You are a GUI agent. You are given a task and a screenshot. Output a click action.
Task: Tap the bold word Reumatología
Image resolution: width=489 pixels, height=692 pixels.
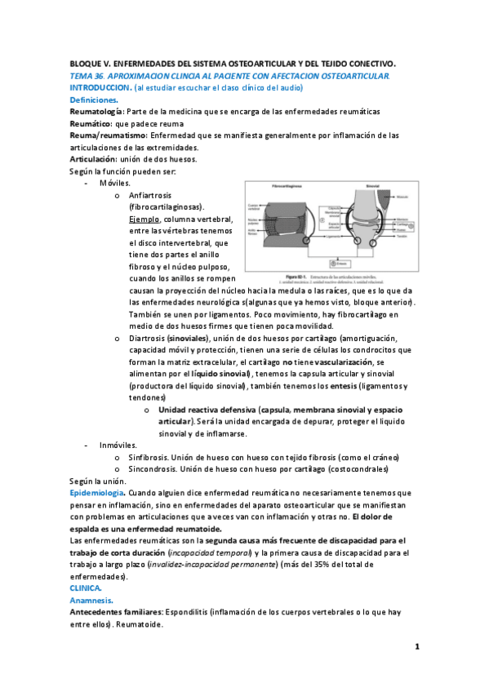pyautogui.click(x=97, y=111)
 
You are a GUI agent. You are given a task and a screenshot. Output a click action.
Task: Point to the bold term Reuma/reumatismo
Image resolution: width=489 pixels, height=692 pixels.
pyautogui.click(x=108, y=135)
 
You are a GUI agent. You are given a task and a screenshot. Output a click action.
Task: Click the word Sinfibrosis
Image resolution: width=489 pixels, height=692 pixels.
pyautogui.click(x=149, y=458)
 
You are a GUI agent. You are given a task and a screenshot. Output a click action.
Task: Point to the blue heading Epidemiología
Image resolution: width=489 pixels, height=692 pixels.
pyautogui.click(x=97, y=494)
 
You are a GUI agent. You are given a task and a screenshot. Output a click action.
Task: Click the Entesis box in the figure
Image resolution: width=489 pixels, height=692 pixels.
pyautogui.click(x=335, y=264)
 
